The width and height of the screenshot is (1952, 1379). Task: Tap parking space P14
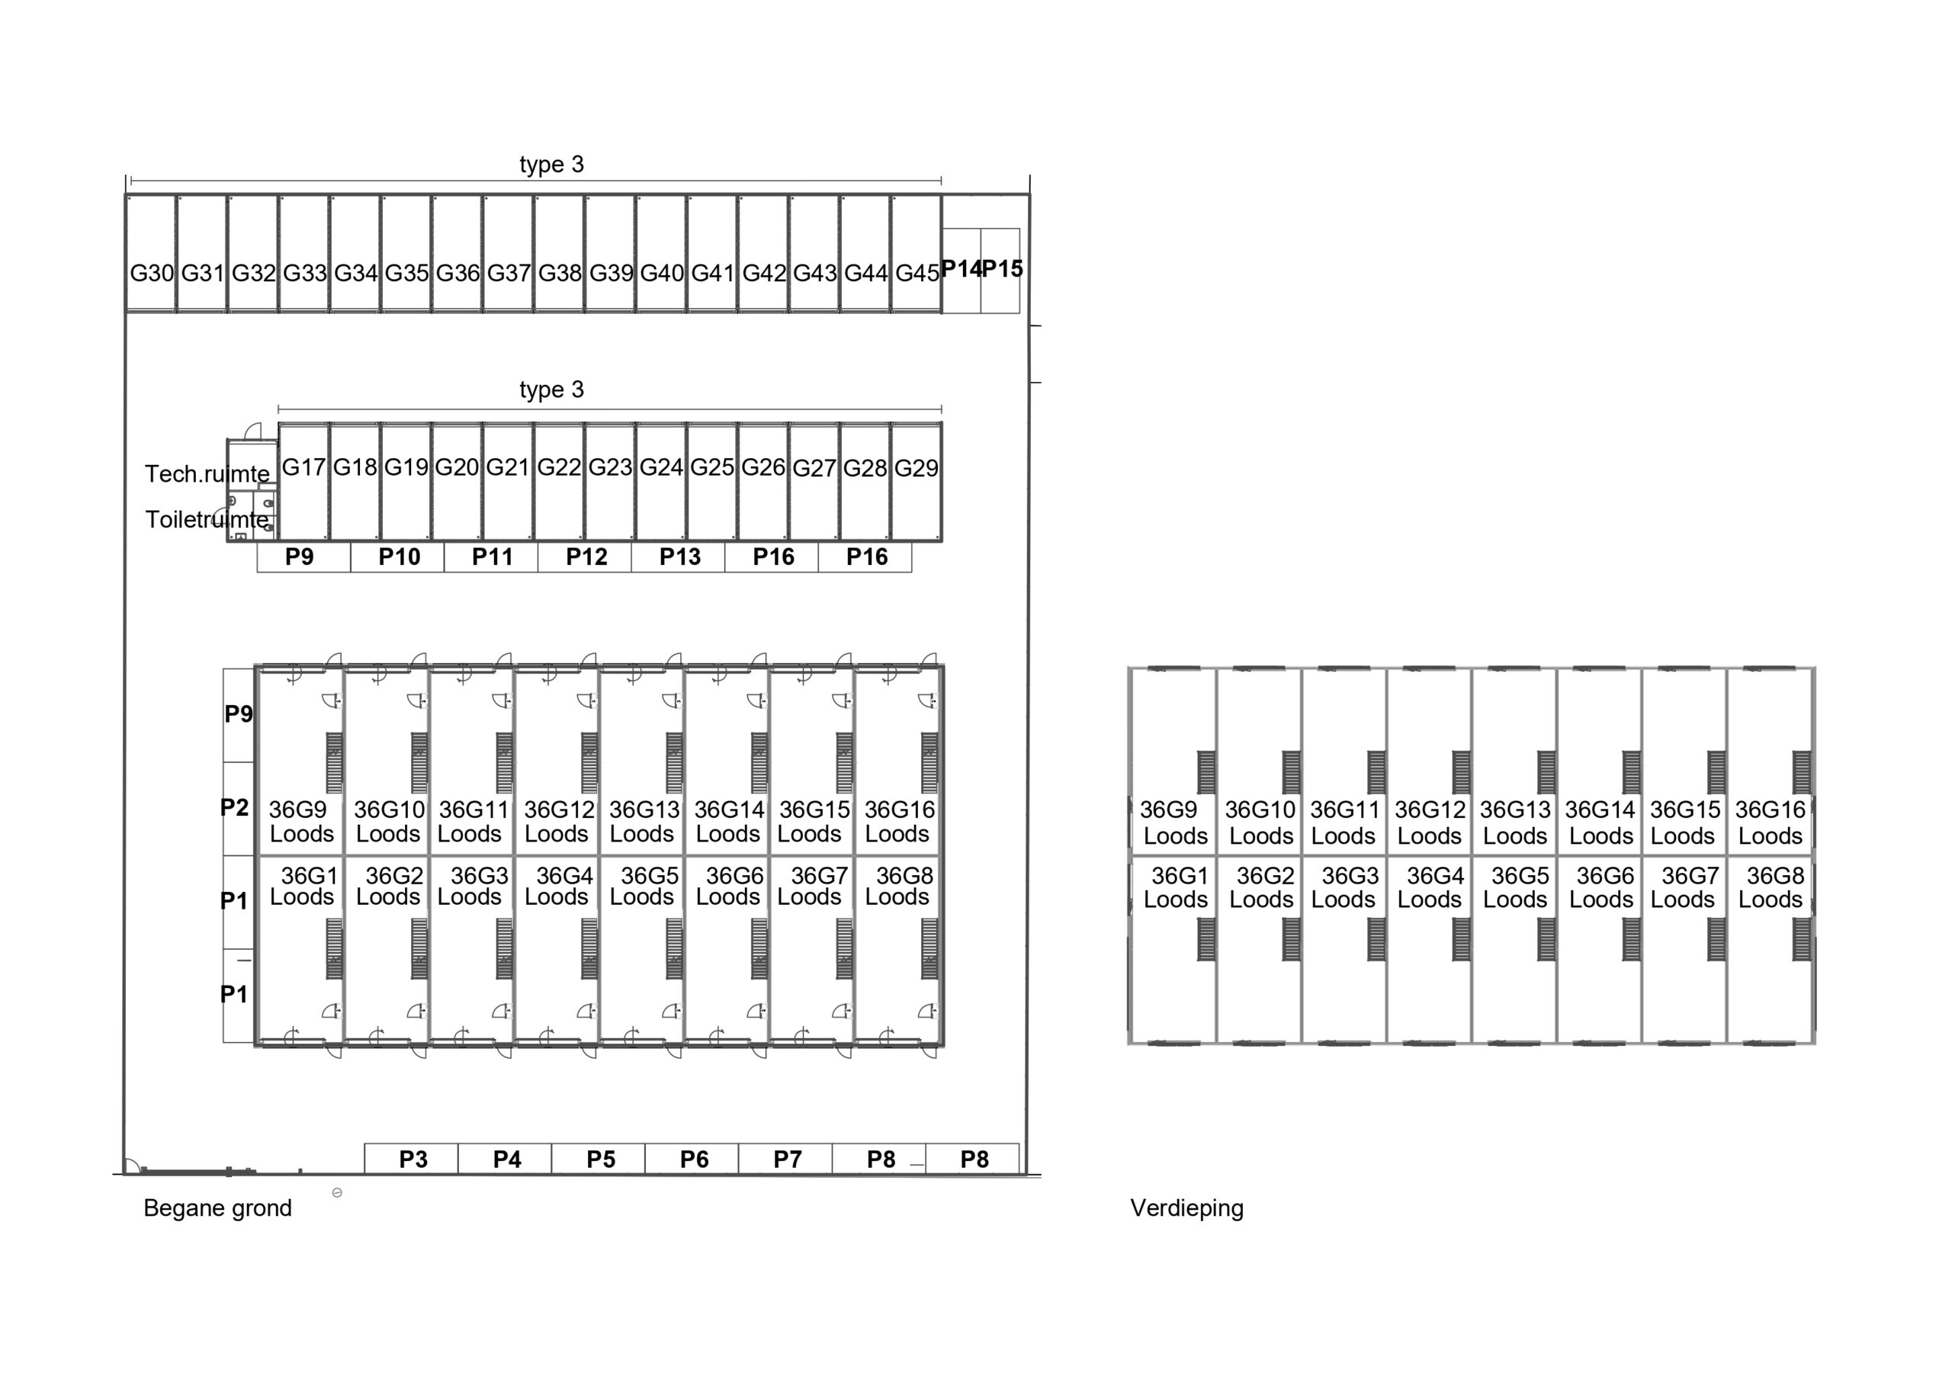click(x=961, y=270)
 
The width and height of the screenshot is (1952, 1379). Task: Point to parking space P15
click(x=1001, y=270)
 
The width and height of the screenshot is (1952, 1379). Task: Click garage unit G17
click(x=303, y=467)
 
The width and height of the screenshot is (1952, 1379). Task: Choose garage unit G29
click(x=917, y=467)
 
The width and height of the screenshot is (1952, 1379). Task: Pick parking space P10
click(x=399, y=557)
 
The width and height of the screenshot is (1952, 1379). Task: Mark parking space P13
click(x=679, y=557)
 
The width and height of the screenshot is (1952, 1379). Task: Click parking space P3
click(x=413, y=1159)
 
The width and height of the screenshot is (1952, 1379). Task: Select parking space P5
click(x=600, y=1159)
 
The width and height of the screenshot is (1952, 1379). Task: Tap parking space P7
click(x=787, y=1159)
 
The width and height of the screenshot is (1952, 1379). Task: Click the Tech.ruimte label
click(x=207, y=473)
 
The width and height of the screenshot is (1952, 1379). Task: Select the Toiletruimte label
click(x=207, y=518)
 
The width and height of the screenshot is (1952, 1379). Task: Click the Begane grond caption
click(x=217, y=1208)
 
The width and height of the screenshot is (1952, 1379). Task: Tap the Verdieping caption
click(x=1187, y=1208)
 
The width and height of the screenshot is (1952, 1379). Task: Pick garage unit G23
click(x=609, y=467)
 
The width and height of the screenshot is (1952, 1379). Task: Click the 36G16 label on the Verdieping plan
click(x=1770, y=810)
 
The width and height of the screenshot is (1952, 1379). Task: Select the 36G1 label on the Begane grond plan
click(x=310, y=875)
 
